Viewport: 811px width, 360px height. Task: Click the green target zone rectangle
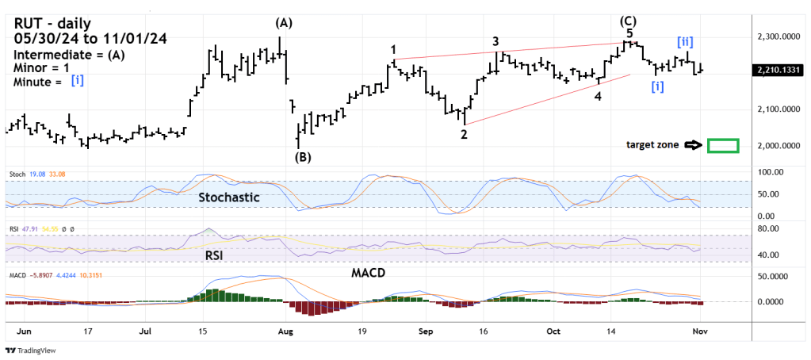722,146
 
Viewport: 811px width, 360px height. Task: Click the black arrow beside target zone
694,145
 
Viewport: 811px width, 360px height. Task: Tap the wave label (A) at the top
284,22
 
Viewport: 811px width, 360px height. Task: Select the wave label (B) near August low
303,157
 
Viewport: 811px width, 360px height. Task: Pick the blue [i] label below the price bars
657,86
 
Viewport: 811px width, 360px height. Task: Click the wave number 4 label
597,96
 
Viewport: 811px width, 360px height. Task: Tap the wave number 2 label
464,134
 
